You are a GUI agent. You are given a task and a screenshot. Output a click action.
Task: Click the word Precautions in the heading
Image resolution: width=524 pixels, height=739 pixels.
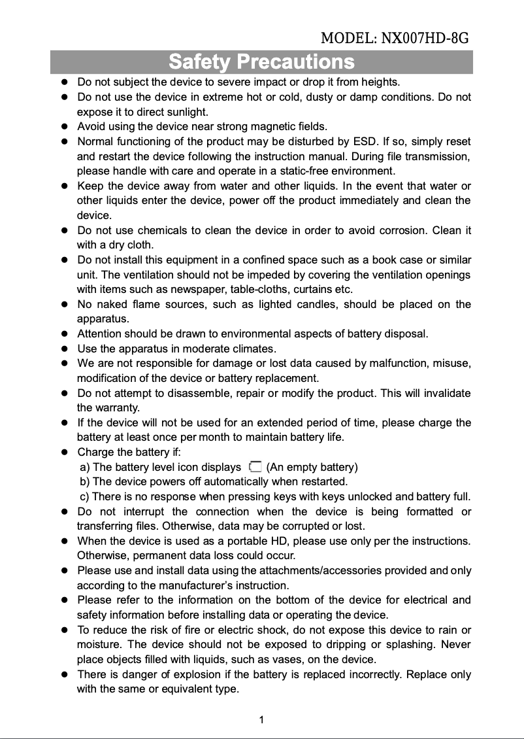click(296, 62)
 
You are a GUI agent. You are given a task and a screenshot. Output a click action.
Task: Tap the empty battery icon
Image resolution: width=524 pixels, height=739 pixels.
click(255, 466)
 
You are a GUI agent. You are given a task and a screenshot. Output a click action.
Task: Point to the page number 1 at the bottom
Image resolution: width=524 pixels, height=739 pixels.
click(261, 720)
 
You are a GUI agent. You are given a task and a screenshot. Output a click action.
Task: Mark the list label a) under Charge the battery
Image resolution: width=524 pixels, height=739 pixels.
click(84, 467)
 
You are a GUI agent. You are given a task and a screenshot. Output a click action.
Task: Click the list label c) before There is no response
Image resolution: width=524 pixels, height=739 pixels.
click(84, 496)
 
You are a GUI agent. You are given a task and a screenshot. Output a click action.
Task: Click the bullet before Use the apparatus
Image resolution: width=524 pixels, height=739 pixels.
click(65, 349)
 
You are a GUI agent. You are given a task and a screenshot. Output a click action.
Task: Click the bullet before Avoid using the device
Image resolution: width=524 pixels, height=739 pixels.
click(65, 127)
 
